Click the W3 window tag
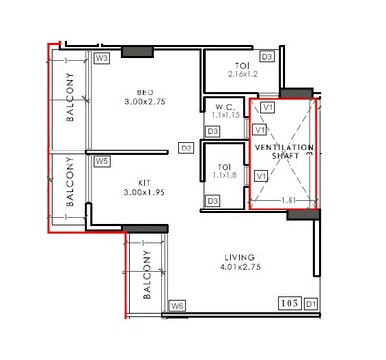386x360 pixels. tap(101, 59)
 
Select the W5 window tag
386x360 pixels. tap(101, 162)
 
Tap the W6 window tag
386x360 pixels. tap(177, 306)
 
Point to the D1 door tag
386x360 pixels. tap(311, 304)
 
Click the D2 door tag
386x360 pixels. tap(185, 148)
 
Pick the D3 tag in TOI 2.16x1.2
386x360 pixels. tap(266, 58)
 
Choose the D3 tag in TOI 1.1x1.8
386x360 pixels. tap(212, 201)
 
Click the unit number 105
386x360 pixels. tap(289, 303)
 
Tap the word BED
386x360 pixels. tap(144, 90)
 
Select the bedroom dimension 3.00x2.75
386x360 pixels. tap(144, 101)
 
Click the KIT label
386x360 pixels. tap(144, 181)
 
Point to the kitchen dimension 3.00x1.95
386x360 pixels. tap(144, 193)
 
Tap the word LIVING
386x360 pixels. tap(240, 254)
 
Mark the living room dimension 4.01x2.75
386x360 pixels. tap(240, 266)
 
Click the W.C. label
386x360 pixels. tap(225, 108)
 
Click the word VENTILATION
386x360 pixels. tap(283, 147)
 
